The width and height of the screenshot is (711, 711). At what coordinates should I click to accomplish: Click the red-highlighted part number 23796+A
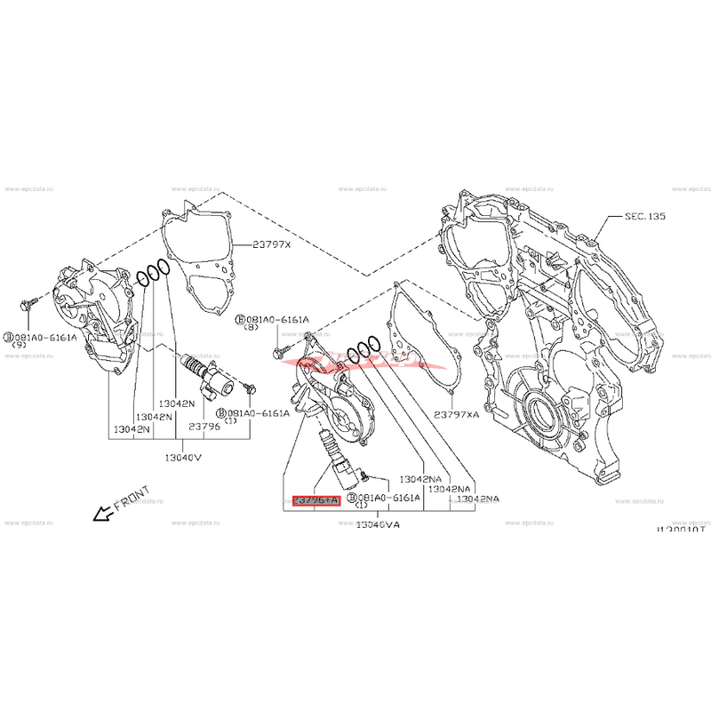click(x=316, y=501)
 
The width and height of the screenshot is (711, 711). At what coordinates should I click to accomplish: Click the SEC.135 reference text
click(x=645, y=217)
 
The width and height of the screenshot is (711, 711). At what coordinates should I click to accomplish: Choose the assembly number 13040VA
click(x=377, y=524)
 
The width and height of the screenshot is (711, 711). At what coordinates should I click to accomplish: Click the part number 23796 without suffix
click(x=204, y=427)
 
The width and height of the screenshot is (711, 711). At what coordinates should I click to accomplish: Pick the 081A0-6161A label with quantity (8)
click(x=272, y=320)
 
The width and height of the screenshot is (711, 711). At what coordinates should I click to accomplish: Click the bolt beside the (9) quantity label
click(x=28, y=304)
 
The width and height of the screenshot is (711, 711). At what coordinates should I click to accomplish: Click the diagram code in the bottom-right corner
click(x=681, y=529)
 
